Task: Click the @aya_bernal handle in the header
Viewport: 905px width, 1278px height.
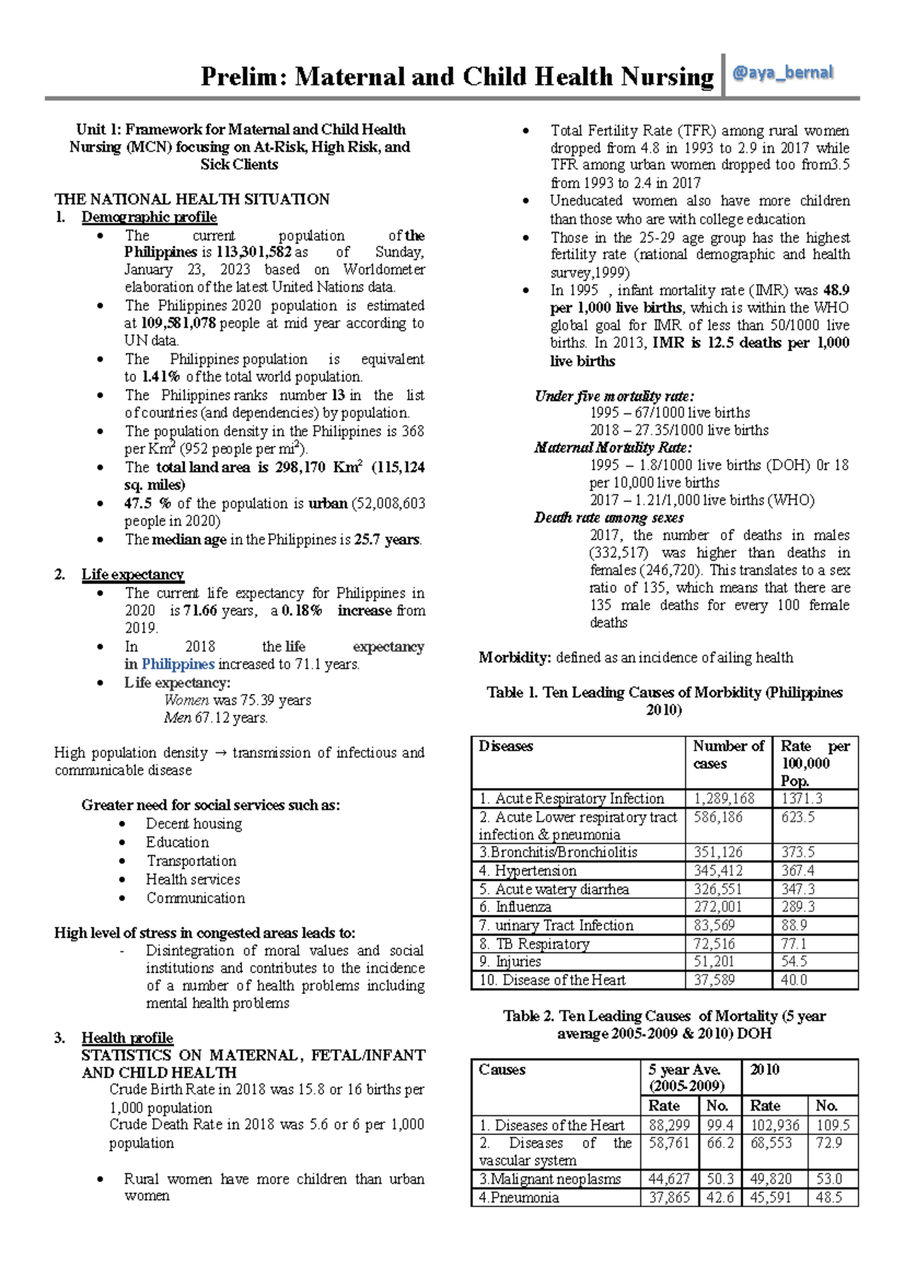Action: pos(782,73)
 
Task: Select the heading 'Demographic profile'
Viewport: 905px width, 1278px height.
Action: pos(149,217)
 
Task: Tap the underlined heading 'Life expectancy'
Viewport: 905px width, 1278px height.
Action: pos(132,574)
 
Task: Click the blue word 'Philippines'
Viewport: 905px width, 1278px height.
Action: pos(178,664)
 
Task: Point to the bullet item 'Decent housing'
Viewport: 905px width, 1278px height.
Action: pos(194,824)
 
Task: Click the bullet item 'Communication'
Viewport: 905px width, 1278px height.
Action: pos(195,898)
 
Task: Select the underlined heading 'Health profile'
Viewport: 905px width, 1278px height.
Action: pos(127,1038)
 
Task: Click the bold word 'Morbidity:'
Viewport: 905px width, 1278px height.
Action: pos(514,657)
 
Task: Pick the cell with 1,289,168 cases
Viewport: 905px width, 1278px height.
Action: pos(724,799)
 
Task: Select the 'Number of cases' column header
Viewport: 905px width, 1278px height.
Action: pos(727,754)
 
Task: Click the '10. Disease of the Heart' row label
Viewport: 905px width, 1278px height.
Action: pos(552,980)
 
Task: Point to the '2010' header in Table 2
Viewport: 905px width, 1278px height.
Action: pos(765,1069)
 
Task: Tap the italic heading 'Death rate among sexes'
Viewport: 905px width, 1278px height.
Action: pos(609,518)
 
